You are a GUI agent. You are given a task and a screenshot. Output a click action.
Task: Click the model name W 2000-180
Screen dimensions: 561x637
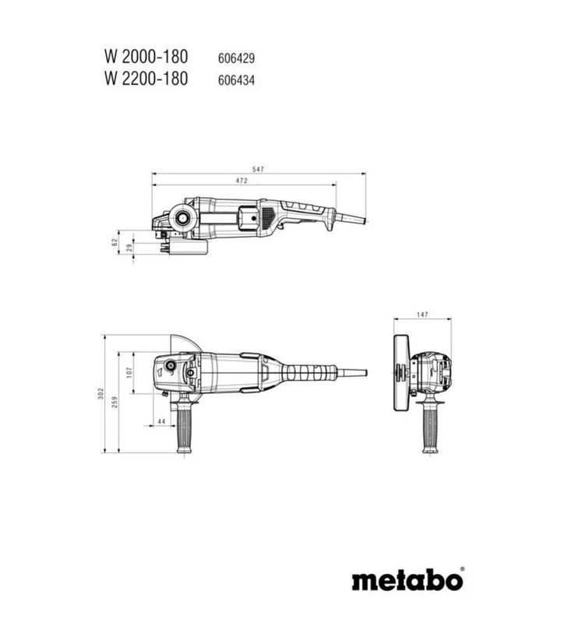(x=146, y=57)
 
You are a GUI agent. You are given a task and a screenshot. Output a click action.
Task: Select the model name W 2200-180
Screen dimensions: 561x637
(x=146, y=79)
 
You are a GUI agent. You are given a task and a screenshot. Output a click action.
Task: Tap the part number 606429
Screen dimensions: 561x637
(x=236, y=58)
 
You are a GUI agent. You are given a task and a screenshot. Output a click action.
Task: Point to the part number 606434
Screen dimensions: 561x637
(x=236, y=80)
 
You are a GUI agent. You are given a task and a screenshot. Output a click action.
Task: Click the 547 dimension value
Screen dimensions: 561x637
(x=258, y=169)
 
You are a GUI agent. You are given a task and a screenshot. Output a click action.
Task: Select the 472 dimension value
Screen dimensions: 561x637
(x=242, y=181)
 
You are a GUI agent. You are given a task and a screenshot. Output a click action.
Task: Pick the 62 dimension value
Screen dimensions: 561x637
(x=115, y=242)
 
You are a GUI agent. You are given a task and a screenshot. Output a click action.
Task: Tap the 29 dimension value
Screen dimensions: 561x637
(x=129, y=248)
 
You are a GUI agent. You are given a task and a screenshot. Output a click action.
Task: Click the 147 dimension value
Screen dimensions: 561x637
(x=422, y=315)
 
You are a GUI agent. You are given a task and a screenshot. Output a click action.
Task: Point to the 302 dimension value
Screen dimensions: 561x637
(x=101, y=393)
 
